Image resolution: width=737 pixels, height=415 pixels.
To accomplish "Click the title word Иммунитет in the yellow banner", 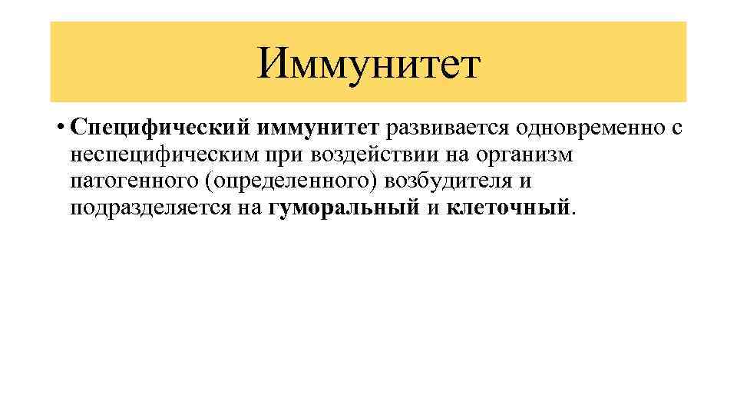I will click(368, 63).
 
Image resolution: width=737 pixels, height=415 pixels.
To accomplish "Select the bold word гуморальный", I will click(344, 207).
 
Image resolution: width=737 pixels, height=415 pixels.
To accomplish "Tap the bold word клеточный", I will click(507, 207).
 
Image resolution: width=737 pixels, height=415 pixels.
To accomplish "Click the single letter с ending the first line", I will click(676, 128).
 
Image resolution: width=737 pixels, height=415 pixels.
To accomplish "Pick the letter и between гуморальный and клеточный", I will click(432, 207).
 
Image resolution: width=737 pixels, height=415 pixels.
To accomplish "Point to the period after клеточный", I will click(572, 211).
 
